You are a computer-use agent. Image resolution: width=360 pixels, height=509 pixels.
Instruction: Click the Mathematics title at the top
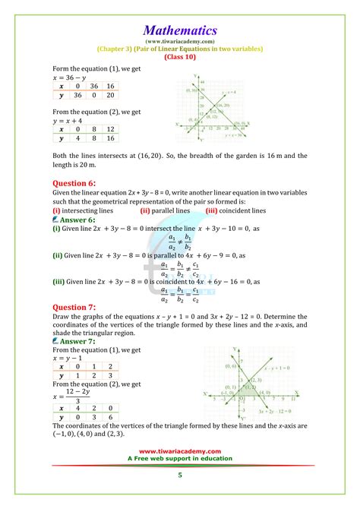pos(180,30)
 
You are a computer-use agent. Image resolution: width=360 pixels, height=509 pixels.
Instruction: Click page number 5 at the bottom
pos(180,496)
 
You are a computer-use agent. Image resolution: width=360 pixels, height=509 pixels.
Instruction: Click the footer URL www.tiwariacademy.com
pos(180,472)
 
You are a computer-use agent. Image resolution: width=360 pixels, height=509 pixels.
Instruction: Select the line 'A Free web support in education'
pos(180,480)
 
